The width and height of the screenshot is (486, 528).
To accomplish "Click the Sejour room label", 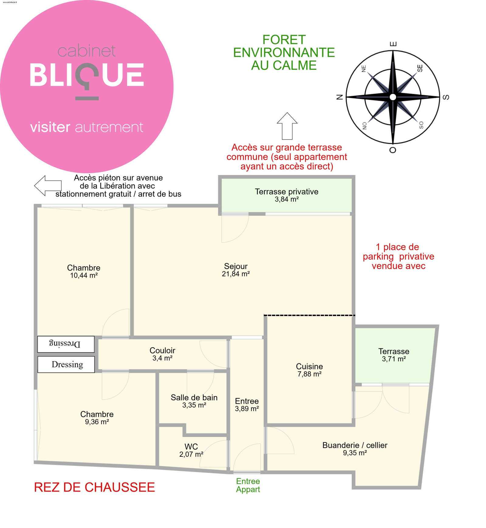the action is click(236, 266).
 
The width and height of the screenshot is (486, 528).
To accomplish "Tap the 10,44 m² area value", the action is click(84, 275).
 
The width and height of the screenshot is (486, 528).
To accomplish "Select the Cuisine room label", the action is click(309, 366).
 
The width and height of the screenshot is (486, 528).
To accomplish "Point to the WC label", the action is click(191, 446).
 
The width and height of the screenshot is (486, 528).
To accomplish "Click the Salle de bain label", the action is click(194, 397).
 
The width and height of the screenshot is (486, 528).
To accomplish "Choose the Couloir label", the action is click(162, 350).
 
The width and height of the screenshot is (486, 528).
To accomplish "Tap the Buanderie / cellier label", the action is click(355, 445).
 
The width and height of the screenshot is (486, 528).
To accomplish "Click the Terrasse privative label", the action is click(286, 192).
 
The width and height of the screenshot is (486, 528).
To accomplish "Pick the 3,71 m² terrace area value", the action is click(394, 359).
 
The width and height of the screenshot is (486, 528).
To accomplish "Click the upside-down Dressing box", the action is click(66, 344).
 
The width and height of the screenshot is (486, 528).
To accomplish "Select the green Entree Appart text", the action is click(248, 485).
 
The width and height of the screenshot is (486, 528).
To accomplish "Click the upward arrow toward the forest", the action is click(287, 126).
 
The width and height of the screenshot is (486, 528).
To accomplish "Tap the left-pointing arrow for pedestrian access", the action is click(48, 185).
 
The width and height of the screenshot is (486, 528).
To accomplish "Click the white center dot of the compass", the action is click(393, 97).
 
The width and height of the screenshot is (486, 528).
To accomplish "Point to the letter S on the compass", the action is click(446, 97).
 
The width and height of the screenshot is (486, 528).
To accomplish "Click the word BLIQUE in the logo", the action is click(87, 75).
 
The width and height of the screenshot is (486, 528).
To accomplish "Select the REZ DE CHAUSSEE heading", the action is click(94, 487).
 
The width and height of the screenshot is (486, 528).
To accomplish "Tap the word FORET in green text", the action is click(284, 40).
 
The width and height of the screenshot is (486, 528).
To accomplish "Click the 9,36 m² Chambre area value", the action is click(97, 422).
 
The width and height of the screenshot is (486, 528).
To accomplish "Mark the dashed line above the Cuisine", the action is click(309, 315).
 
